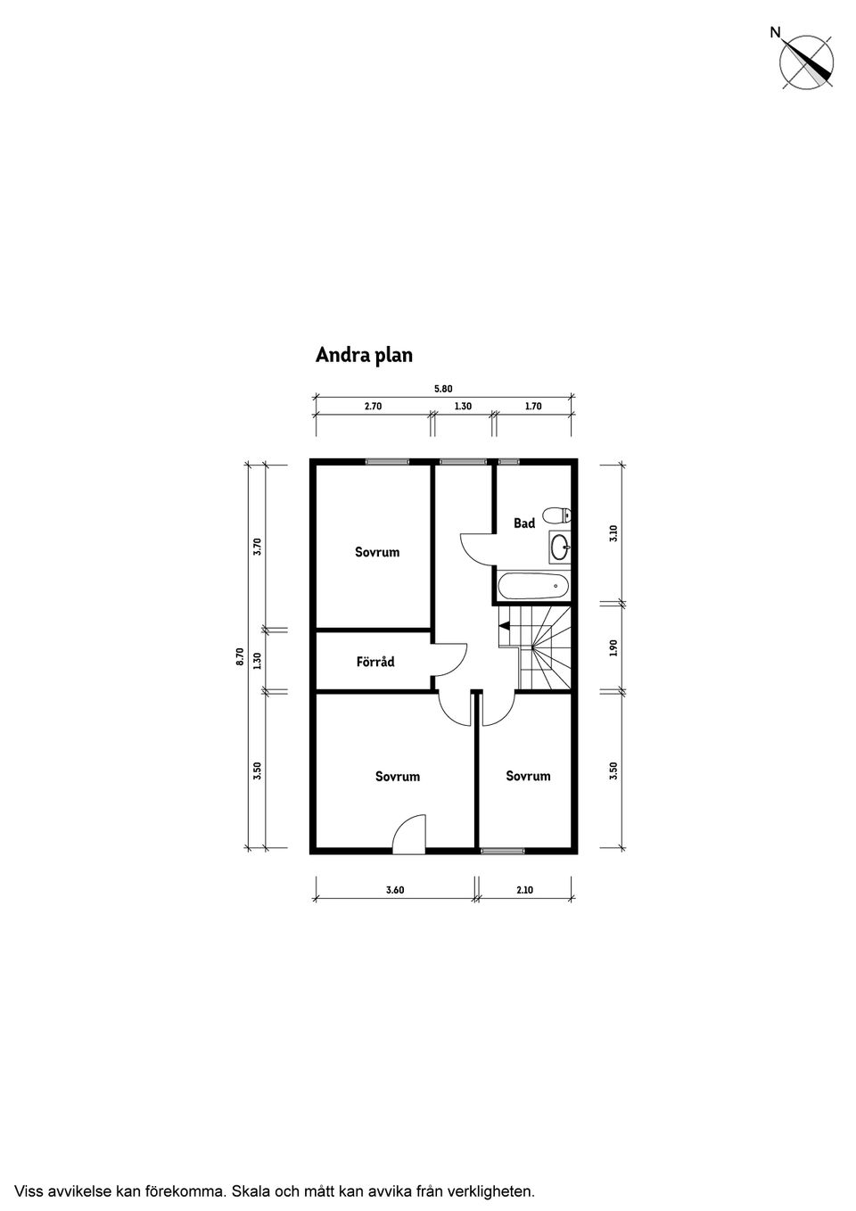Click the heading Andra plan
pyautogui.click(x=364, y=355)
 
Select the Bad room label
pyautogui.click(x=524, y=523)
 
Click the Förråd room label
pyautogui.click(x=375, y=663)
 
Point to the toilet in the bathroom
pyautogui.click(x=559, y=515)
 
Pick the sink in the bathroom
pyautogui.click(x=560, y=546)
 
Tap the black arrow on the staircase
pyautogui.click(x=504, y=626)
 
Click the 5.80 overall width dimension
pyautogui.click(x=443, y=389)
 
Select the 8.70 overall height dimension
pyautogui.click(x=240, y=656)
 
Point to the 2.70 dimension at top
pyautogui.click(x=373, y=407)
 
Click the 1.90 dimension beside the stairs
pyautogui.click(x=613, y=648)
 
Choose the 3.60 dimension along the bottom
pyautogui.click(x=395, y=890)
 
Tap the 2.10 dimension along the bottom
pyautogui.click(x=524, y=890)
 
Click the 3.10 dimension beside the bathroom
pyautogui.click(x=613, y=533)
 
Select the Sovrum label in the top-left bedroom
pyautogui.click(x=377, y=552)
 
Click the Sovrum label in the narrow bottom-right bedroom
pyautogui.click(x=528, y=776)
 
